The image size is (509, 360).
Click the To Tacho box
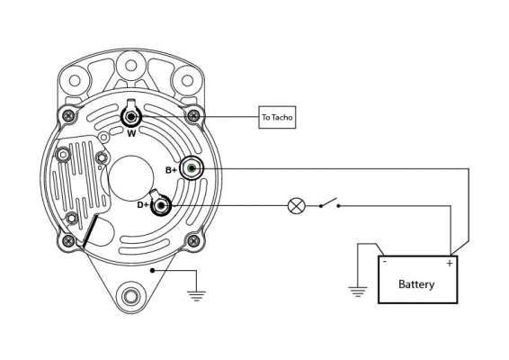277,117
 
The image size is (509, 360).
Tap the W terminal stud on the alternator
131,117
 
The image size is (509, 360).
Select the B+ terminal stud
192,168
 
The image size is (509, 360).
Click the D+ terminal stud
161,206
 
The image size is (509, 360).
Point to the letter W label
131,135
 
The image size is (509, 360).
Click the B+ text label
171,169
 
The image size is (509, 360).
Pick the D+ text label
142,205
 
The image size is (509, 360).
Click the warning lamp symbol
296,206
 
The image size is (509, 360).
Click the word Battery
416,284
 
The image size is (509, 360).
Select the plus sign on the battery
449,264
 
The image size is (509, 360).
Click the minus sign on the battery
385,264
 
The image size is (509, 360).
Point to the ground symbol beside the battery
358,290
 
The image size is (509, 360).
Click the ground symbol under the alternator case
195,292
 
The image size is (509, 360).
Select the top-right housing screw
192,115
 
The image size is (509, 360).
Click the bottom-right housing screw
192,240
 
